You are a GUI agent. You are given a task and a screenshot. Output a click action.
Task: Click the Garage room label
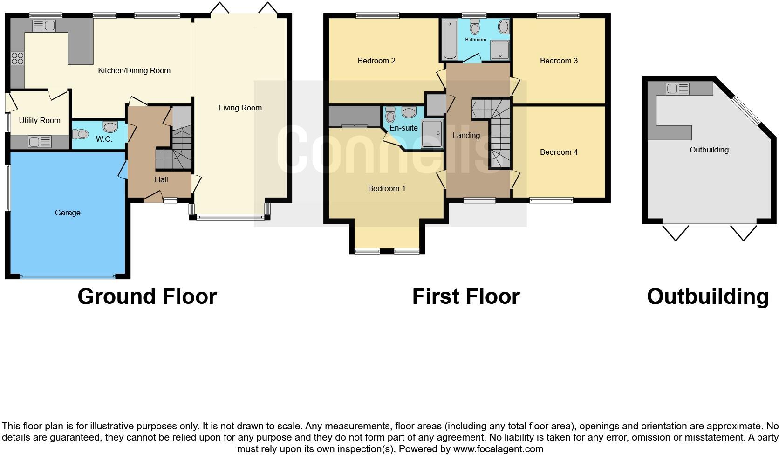(x=68, y=213)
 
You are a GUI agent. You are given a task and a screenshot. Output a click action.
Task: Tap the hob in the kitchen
(x=17, y=59)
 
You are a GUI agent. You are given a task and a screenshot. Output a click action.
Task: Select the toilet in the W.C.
(x=80, y=134)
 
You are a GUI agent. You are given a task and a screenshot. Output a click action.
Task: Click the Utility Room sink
(x=40, y=141)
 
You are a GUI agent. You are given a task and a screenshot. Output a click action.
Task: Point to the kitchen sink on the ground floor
(x=44, y=26)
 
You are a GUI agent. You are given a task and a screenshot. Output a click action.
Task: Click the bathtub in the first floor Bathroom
(x=450, y=40)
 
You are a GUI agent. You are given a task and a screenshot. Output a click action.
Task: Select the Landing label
(x=466, y=135)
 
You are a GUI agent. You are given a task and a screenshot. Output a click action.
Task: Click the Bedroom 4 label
(x=559, y=152)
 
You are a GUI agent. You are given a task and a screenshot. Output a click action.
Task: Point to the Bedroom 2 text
(x=376, y=61)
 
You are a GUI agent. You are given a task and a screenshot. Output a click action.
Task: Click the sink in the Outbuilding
(x=677, y=88)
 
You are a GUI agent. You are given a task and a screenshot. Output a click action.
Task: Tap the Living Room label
(x=240, y=108)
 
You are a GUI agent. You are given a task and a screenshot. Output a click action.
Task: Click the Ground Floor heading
(x=147, y=296)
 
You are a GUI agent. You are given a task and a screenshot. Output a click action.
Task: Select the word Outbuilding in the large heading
(x=707, y=296)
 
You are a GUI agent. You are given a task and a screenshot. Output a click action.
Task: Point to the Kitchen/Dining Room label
(x=134, y=70)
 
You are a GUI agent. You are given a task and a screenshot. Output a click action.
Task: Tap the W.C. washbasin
(x=110, y=127)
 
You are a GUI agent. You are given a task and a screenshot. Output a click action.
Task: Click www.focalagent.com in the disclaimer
(x=498, y=449)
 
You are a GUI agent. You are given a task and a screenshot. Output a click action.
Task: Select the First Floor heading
(x=465, y=296)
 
